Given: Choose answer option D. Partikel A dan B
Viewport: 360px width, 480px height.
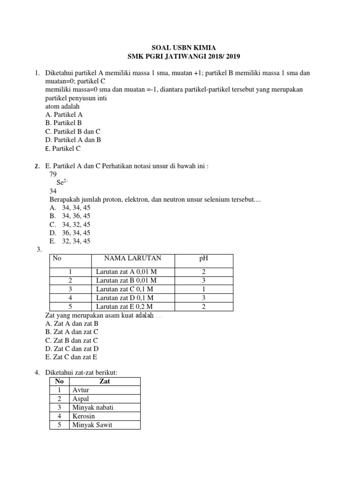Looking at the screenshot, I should [x=73, y=140].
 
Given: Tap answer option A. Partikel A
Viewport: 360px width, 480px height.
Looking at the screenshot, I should [x=64, y=114].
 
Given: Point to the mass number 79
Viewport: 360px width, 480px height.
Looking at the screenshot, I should [x=53, y=174].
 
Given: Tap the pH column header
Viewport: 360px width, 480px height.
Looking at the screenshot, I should [x=203, y=258].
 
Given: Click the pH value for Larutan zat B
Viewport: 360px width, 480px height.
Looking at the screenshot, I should [x=203, y=281].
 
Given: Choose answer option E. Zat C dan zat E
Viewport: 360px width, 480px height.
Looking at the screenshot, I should [x=71, y=357].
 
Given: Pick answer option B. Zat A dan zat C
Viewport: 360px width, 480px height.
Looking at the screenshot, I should [x=72, y=332].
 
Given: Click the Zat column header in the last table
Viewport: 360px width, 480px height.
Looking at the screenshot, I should [x=105, y=382].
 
